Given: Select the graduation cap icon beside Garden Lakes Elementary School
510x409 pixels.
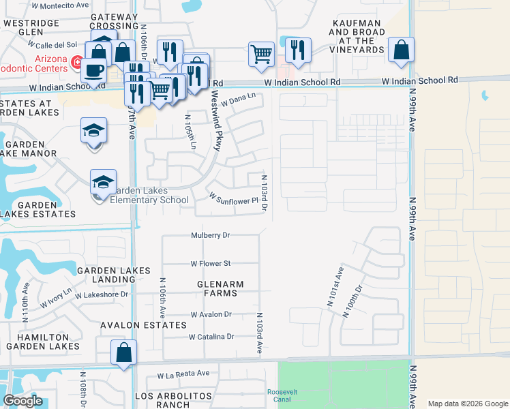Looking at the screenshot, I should [103, 182].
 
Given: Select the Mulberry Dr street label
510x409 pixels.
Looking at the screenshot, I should [211, 235].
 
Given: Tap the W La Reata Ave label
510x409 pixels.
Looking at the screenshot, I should [183, 374].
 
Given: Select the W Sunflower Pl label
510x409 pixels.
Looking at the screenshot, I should [235, 199].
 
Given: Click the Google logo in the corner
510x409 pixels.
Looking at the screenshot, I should [22, 401].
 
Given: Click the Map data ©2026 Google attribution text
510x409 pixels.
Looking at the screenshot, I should [467, 404].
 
